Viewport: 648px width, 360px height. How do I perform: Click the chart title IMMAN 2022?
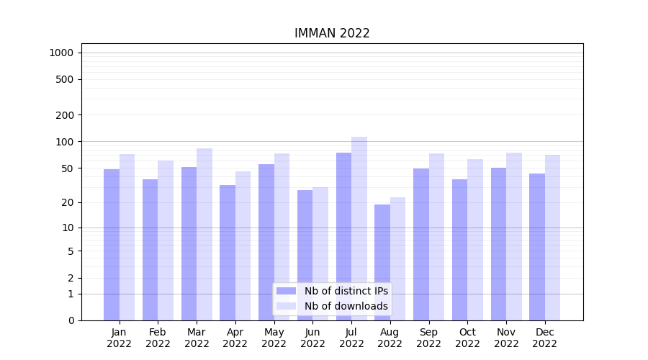(332, 33)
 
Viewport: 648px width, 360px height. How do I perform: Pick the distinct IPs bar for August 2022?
(382, 262)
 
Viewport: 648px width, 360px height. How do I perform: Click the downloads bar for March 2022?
(204, 234)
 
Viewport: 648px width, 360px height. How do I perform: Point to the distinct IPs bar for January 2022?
(112, 245)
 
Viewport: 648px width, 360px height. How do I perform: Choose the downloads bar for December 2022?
(552, 238)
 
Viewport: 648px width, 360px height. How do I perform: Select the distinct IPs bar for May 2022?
(266, 242)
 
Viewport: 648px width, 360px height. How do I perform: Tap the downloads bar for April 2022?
(243, 246)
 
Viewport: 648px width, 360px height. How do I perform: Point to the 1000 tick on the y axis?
(61, 53)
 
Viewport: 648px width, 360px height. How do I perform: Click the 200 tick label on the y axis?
(65, 115)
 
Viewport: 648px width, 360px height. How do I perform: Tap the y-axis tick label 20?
(68, 202)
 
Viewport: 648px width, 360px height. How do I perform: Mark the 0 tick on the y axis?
(71, 320)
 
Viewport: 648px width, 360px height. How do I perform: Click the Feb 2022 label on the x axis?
(158, 338)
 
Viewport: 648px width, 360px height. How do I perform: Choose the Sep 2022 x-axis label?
(428, 338)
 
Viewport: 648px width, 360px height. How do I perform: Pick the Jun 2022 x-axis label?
(312, 338)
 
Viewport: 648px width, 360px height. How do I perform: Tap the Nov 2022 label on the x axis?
(506, 338)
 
